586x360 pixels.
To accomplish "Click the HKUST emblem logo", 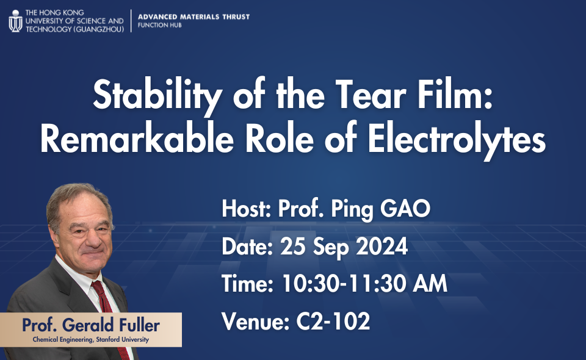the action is click(x=15, y=21).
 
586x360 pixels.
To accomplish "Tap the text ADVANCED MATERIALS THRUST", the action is click(x=194, y=17).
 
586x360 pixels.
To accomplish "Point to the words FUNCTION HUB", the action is click(x=159, y=26).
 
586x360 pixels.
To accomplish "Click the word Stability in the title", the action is click(x=157, y=95).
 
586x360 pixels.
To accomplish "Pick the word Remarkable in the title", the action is click(x=137, y=138).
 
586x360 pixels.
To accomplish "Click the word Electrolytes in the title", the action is click(x=457, y=139).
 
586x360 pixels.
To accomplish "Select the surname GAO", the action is click(x=405, y=209).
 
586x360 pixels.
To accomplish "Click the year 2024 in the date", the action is click(x=382, y=247).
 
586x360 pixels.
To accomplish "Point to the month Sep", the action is click(x=331, y=248).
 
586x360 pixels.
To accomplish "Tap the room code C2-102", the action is click(x=333, y=321).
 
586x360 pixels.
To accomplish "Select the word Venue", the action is click(x=256, y=321).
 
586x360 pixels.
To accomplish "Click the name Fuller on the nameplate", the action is click(x=139, y=325).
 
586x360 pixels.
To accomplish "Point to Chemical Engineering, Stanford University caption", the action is click(x=91, y=339).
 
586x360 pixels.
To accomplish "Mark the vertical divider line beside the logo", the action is click(x=131, y=21).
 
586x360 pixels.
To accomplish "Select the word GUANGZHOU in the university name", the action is click(x=99, y=29).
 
